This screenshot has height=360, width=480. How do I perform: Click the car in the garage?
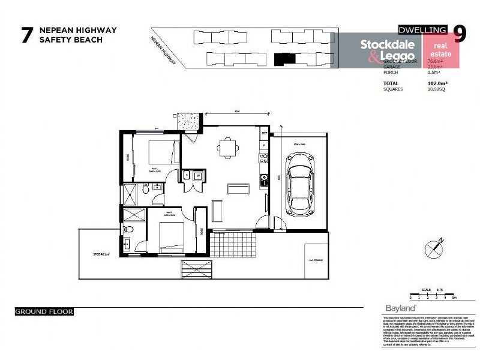299,184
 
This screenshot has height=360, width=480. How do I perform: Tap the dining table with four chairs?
227,147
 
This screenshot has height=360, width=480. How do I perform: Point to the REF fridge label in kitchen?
264,133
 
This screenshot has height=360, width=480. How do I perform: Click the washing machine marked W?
198,176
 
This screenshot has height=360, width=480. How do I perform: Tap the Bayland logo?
396,308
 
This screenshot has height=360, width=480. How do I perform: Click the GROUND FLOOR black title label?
44,312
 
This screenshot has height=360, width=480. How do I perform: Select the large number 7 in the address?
26,35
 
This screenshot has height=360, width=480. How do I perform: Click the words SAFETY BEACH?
70,40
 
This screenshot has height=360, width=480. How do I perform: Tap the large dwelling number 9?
459,34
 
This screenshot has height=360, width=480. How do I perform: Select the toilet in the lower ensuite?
127,230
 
